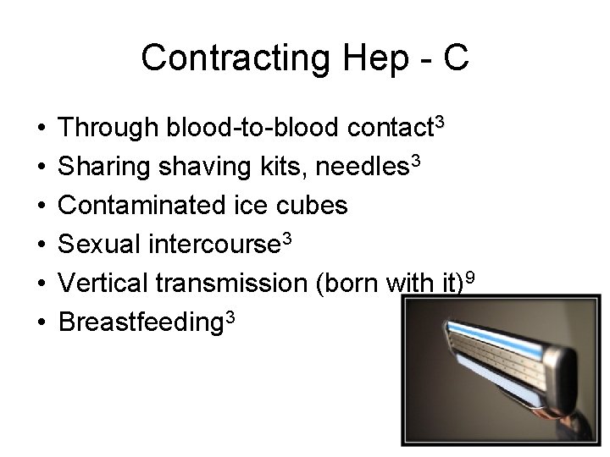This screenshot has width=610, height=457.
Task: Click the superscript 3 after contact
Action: pyautogui.click(x=438, y=123)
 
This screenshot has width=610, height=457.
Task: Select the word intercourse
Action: pyautogui.click(x=212, y=244)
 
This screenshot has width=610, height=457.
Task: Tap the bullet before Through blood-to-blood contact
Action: pyautogui.click(x=41, y=129)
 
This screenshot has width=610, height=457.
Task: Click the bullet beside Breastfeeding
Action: pyautogui.click(x=41, y=321)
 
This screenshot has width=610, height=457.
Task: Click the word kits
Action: pyautogui.click(x=281, y=167)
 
